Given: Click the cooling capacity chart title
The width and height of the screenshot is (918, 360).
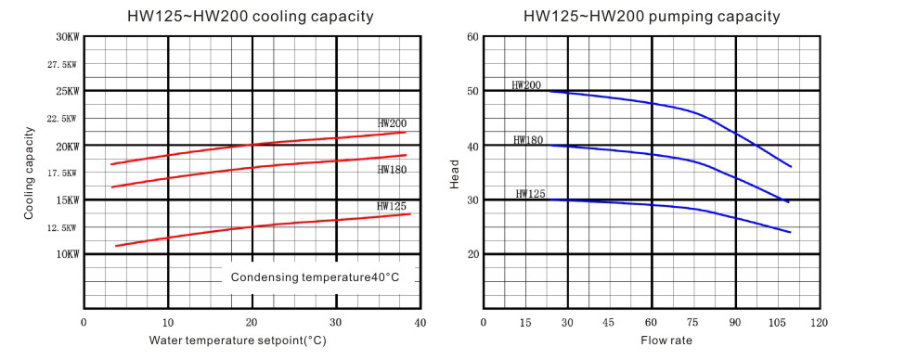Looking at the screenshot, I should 250,16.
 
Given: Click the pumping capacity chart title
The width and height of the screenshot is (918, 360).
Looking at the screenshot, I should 652,16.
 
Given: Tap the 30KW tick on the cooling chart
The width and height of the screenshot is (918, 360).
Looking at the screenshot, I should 68,37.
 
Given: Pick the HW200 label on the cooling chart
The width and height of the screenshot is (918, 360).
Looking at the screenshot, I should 392,123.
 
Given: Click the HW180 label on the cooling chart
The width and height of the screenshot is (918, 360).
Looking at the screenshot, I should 392,170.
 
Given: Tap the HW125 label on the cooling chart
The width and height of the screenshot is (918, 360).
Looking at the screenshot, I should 392,206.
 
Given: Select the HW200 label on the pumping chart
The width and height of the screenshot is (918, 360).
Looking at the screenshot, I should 526,85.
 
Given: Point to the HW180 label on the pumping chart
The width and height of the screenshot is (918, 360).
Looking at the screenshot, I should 527,140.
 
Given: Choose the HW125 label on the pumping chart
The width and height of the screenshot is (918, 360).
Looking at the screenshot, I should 530,194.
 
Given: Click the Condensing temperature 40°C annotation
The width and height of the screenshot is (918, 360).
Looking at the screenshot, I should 315,277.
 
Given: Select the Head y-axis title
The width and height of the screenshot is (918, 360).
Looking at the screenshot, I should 455,173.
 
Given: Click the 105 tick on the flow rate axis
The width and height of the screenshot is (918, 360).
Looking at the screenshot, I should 777,323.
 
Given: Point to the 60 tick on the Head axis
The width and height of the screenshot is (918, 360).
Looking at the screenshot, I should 472,37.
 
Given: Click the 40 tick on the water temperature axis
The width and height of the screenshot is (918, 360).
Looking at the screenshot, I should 420,323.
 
